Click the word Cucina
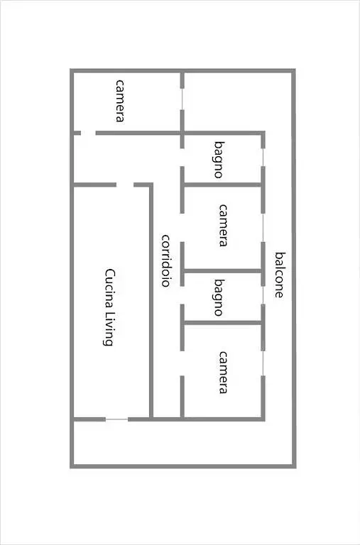coord(109,287)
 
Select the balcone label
coord(278,275)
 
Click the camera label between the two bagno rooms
coord(223,225)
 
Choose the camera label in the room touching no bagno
coord(119,101)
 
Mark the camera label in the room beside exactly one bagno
coord(223,373)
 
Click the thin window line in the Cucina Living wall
coord(117,419)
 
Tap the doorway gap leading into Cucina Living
coord(125,185)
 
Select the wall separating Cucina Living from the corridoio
coord(151,301)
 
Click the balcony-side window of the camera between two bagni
coord(263,228)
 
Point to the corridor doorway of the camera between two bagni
coord(182,228)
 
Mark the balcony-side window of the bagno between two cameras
coord(263,295)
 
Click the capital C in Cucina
coord(109,272)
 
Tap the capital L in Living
coord(109,313)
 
